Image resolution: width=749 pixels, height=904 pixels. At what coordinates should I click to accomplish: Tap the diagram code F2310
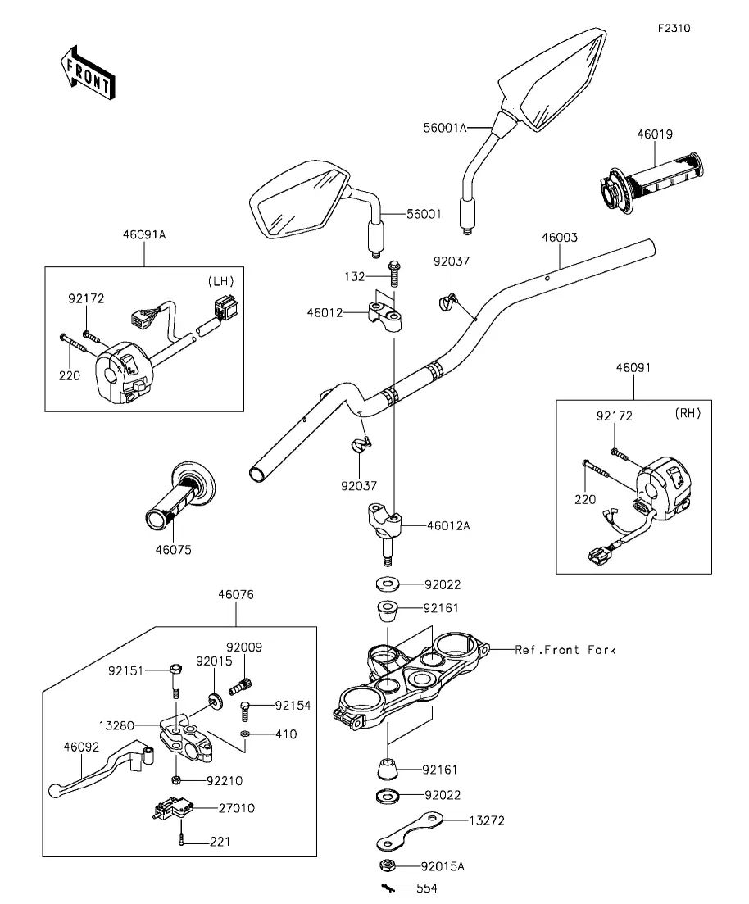click(674, 28)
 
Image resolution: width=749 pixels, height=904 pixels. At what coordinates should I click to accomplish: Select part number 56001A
click(445, 128)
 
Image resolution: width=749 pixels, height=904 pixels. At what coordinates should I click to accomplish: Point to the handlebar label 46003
click(560, 238)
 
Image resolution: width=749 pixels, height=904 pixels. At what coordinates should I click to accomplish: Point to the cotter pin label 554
click(427, 888)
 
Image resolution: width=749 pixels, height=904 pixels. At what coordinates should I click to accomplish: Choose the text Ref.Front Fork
click(565, 650)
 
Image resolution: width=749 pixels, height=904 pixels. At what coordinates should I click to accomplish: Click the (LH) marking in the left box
click(220, 281)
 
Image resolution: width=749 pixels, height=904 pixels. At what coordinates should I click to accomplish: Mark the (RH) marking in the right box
click(688, 415)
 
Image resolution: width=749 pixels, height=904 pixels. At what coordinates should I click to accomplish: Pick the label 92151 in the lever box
click(125, 670)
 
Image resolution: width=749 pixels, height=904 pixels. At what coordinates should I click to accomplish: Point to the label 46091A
click(144, 234)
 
